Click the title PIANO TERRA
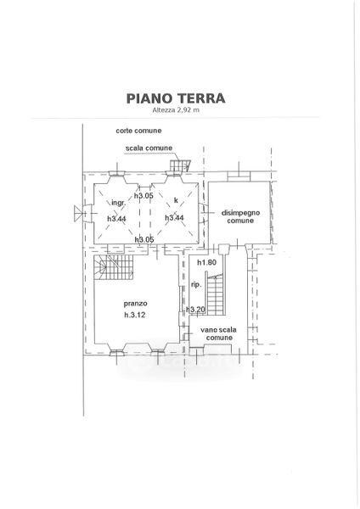(176, 98)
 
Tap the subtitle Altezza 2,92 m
(176, 110)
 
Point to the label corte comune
(138, 131)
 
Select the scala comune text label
(149, 148)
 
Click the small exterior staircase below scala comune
(180, 165)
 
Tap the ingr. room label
(119, 203)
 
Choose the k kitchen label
(176, 200)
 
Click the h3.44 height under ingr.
(116, 219)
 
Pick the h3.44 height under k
(174, 217)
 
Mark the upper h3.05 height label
(144, 195)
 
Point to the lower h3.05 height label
(144, 239)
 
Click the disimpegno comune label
(240, 217)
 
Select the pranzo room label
(136, 304)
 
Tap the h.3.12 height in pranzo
(134, 315)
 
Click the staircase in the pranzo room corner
(114, 267)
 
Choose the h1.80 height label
(207, 263)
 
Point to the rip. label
(196, 285)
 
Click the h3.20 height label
(196, 310)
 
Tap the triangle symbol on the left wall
(78, 214)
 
